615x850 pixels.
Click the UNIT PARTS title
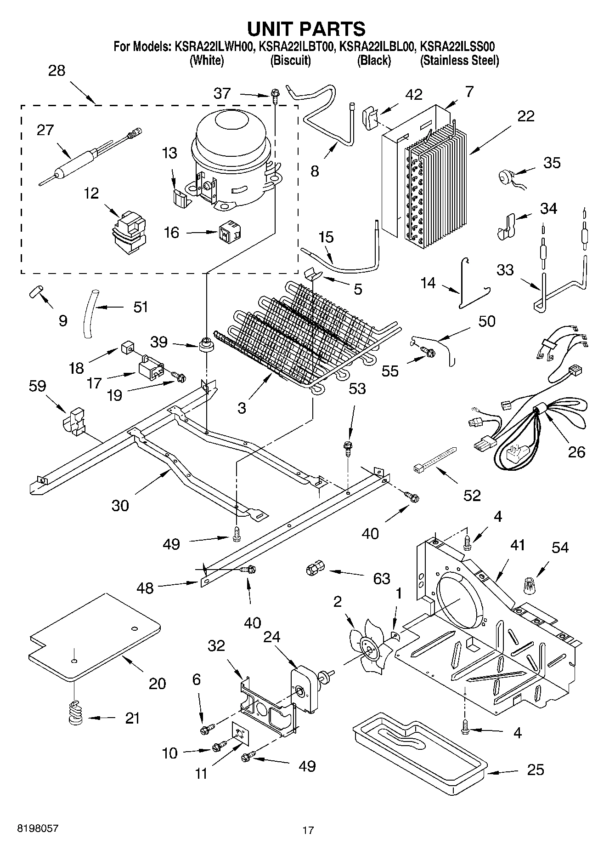click(x=306, y=29)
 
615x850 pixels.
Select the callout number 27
click(x=45, y=130)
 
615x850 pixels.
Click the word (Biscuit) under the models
click(x=290, y=61)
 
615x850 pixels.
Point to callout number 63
click(x=382, y=578)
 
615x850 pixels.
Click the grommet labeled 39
click(x=207, y=344)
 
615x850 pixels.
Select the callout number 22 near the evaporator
click(x=525, y=116)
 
